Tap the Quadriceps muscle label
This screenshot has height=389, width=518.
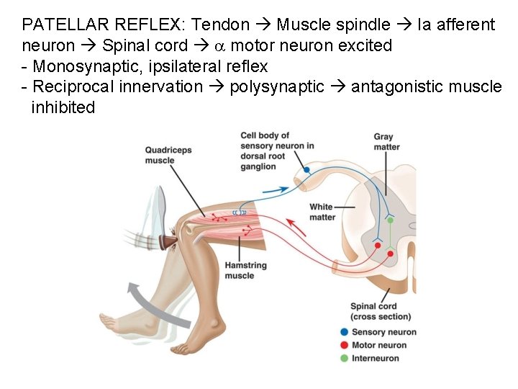169,155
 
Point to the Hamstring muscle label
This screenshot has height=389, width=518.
245,270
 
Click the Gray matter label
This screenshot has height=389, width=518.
386,142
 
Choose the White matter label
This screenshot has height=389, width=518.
322,212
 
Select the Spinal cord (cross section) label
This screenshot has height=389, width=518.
381,311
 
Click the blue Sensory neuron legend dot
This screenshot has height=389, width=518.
345,331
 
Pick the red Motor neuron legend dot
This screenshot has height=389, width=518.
345,345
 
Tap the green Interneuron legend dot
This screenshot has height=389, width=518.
345,358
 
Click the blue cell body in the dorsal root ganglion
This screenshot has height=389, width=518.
306,170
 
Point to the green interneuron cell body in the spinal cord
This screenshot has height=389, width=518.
390,220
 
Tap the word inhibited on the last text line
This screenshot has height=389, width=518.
63,108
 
